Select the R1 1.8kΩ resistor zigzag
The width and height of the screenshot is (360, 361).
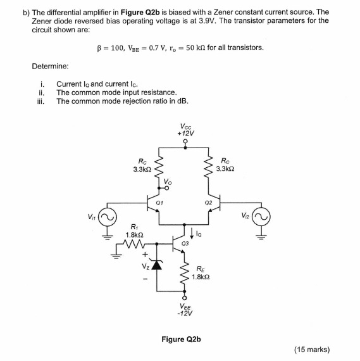134,241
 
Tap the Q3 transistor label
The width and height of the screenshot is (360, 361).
184,244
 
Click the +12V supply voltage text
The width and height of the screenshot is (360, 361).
186,134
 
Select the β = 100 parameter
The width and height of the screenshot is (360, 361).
111,47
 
